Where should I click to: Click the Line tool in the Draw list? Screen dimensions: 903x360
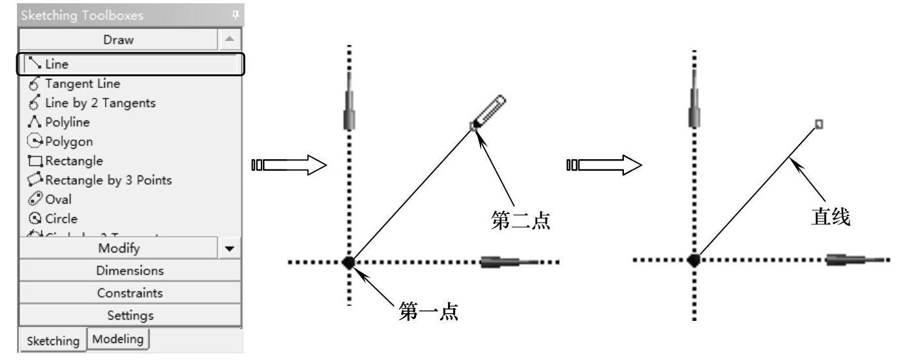point(57,64)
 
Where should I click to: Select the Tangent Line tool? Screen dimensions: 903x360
point(82,83)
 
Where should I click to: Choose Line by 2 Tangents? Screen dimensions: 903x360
point(100,103)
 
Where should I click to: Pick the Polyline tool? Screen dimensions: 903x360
point(67,122)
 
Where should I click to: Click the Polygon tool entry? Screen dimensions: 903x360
point(68,142)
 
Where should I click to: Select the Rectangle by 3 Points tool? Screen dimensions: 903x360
point(108,180)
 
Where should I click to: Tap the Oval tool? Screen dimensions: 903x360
point(58,200)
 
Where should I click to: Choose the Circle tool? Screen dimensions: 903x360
point(61,219)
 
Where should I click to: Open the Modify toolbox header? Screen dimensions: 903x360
point(119,248)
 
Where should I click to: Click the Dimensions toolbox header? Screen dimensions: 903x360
point(130,271)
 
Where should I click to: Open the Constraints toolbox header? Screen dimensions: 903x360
point(130,293)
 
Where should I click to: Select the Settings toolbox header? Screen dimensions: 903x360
point(130,316)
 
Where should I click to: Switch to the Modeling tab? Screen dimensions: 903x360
point(118,338)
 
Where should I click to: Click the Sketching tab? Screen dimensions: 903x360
point(53,340)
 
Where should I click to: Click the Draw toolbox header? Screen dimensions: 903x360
point(118,40)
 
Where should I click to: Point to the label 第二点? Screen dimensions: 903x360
point(520,220)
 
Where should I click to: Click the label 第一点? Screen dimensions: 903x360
point(428,312)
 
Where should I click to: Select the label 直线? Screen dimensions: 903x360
point(830,217)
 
